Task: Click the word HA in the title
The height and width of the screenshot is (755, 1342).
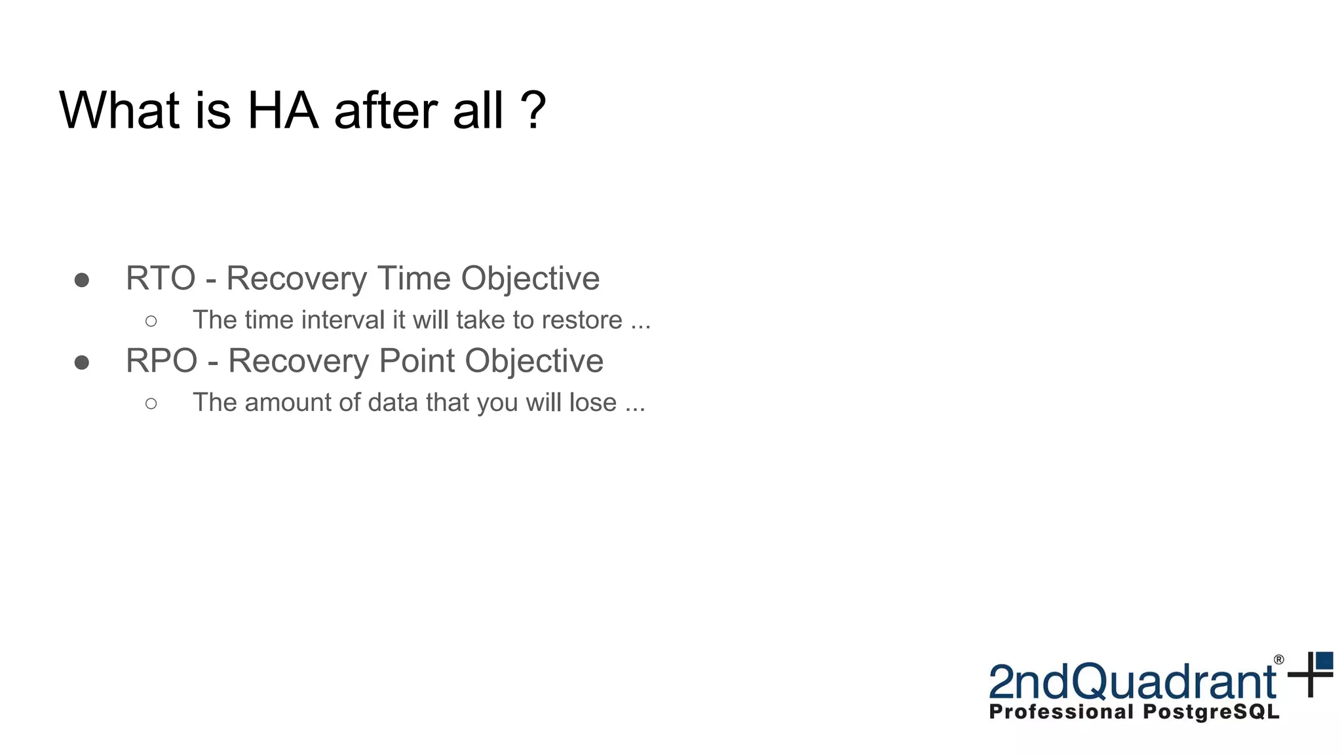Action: pos(282,111)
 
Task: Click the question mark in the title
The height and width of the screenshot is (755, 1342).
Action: pos(533,111)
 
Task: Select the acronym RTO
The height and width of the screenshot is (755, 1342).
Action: pos(161,279)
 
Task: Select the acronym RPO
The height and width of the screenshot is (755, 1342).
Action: pos(161,361)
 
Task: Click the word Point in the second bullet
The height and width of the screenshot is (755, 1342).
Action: pos(417,361)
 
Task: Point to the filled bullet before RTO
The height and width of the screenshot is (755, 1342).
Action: pos(82,281)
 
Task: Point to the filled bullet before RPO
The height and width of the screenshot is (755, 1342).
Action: pos(82,362)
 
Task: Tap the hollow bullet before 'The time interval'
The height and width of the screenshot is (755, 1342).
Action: pos(151,321)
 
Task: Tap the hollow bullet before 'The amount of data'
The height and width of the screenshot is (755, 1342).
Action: pos(151,404)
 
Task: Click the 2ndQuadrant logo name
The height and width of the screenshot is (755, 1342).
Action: pos(1132,682)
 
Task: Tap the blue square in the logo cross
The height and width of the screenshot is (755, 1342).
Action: pos(1325,660)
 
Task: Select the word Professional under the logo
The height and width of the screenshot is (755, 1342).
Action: pos(1061,712)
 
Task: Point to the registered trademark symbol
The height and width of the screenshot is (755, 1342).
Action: pos(1278,660)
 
